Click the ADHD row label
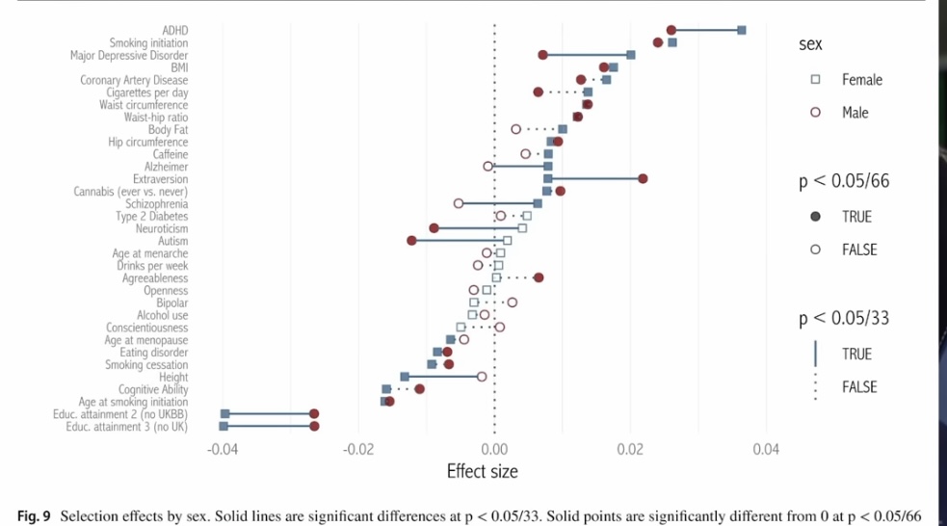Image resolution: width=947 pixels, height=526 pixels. tap(174, 31)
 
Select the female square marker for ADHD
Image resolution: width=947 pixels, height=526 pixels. tap(742, 31)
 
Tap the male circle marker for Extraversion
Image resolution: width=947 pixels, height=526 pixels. tap(643, 179)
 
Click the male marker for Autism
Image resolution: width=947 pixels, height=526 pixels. tap(411, 241)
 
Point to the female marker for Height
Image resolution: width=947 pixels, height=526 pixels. tap(405, 377)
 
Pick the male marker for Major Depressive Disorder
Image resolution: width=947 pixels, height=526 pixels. tap(542, 55)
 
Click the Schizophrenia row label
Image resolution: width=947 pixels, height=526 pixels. tap(157, 204)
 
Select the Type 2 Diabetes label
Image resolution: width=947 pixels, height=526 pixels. tap(152, 217)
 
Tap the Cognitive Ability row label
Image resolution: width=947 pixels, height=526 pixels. tap(153, 389)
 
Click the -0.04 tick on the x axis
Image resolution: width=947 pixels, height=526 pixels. tap(223, 449)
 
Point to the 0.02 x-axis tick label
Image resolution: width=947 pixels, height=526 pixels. tap(630, 449)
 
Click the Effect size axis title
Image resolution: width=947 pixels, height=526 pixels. tap(482, 471)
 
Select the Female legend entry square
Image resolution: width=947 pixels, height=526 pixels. tap(815, 80)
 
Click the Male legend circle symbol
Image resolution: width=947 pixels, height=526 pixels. tap(815, 113)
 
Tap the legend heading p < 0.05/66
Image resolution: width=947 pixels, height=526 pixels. tap(844, 183)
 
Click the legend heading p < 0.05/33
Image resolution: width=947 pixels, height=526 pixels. tap(844, 319)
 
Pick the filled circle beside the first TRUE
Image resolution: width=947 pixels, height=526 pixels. tap(815, 217)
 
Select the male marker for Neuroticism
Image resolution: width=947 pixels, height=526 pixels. tap(434, 228)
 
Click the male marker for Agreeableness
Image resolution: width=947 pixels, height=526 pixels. tap(539, 277)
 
